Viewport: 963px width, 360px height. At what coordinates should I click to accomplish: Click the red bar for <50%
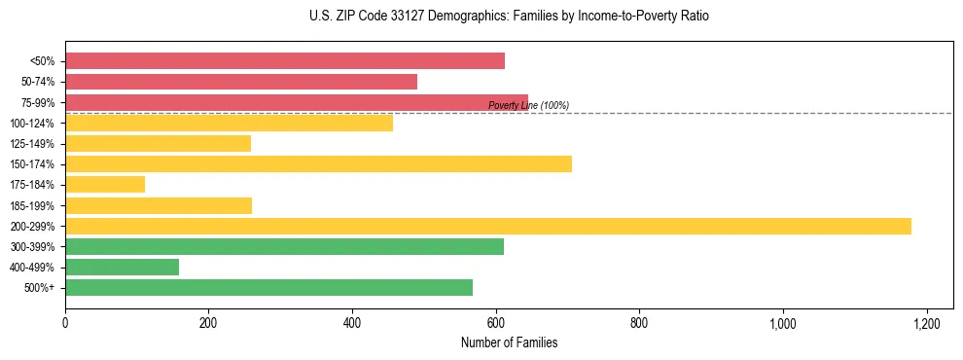tap(285, 61)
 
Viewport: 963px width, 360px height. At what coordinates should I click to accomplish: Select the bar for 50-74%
tap(241, 82)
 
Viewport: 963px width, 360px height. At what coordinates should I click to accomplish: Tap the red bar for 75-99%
tap(297, 102)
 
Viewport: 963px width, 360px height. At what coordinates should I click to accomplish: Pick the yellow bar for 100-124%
tap(229, 123)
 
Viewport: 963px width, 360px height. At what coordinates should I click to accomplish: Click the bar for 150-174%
tap(318, 163)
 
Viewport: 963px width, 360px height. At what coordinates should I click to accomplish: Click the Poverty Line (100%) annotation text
tap(528, 105)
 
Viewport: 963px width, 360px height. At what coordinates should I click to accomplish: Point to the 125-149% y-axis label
tap(32, 144)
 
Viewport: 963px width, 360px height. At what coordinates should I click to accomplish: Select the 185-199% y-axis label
tap(32, 205)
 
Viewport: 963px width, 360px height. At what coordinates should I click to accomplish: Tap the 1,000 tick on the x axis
tap(783, 323)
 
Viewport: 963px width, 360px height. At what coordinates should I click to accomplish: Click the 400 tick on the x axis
tap(352, 323)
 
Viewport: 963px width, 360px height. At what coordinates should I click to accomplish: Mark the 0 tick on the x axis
tap(65, 323)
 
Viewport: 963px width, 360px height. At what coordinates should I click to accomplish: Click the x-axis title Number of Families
tap(509, 342)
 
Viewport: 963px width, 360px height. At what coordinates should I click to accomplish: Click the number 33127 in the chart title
tap(380, 17)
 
